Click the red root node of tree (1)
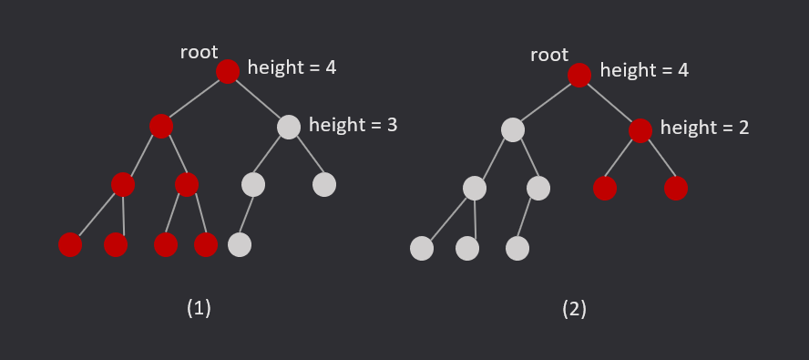(228, 71)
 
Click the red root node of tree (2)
(579, 75)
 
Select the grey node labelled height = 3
(288, 127)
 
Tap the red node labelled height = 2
(640, 130)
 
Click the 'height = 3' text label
(353, 125)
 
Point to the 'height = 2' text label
(704, 128)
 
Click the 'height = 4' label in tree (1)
(292, 67)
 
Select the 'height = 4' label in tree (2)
(644, 70)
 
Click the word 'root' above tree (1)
(199, 52)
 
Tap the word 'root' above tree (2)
(549, 56)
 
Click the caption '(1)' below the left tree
(199, 308)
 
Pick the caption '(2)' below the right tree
(574, 309)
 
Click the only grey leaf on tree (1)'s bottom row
(239, 244)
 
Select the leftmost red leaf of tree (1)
(70, 244)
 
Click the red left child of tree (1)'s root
(161, 126)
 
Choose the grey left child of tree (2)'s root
(513, 129)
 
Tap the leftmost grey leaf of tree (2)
(422, 248)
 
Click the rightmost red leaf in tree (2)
(675, 188)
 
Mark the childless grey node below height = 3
(324, 184)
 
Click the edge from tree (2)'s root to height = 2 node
(609, 102)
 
